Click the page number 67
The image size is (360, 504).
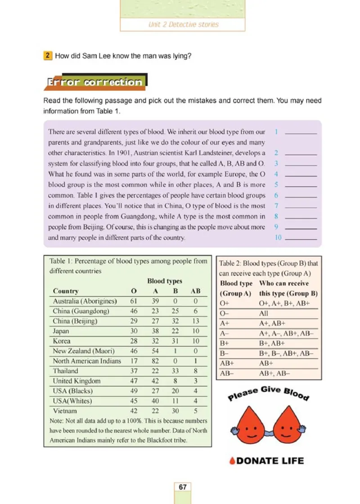pyautogui.click(x=182, y=487)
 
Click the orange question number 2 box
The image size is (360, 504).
pyautogui.click(x=47, y=56)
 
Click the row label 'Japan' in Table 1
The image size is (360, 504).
pyautogui.click(x=61, y=331)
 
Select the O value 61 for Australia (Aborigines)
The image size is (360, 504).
pyautogui.click(x=134, y=301)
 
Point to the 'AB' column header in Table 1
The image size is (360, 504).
pyautogui.click(x=195, y=291)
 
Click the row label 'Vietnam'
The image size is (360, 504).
pyautogui.click(x=65, y=410)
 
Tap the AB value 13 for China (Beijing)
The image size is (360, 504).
pyautogui.click(x=195, y=321)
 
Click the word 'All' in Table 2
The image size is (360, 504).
pyautogui.click(x=264, y=313)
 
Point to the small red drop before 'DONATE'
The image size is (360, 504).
pyautogui.click(x=232, y=461)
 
